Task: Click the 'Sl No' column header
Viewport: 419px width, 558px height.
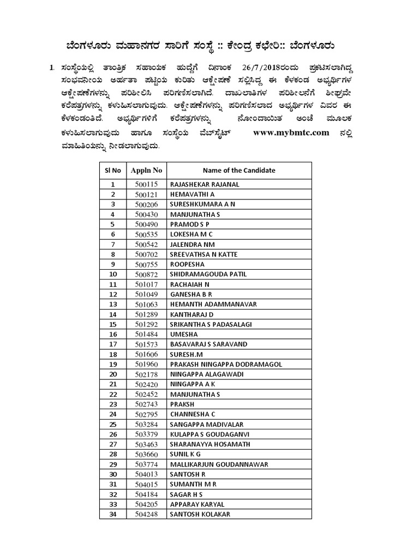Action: (x=113, y=171)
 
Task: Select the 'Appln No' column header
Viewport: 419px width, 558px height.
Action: (x=146, y=171)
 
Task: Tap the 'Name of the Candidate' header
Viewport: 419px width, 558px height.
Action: (x=239, y=171)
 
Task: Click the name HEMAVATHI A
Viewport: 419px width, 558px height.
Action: (x=193, y=195)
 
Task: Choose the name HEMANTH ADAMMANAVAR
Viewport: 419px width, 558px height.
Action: (x=213, y=304)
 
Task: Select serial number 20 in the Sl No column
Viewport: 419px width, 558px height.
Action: (x=113, y=374)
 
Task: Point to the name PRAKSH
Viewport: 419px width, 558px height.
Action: (x=182, y=404)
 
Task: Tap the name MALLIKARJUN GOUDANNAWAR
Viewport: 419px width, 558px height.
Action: (x=218, y=464)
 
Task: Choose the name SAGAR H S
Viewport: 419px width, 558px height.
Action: (x=187, y=494)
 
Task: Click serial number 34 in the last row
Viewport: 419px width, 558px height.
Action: (x=113, y=514)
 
